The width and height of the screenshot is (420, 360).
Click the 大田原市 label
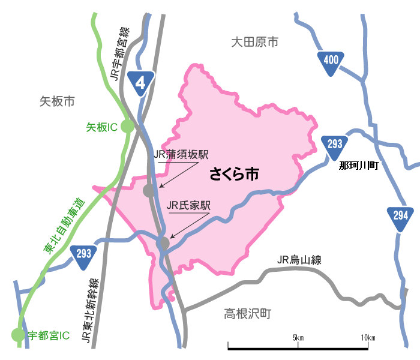(255, 43)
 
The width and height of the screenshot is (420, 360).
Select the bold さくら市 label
(234, 175)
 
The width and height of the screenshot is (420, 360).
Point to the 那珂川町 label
(359, 166)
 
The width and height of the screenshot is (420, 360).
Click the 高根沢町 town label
(248, 313)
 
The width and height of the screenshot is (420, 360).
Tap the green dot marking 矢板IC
(127, 126)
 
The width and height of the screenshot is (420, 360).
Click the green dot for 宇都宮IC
(18, 335)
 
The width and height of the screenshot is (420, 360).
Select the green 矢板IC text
(101, 127)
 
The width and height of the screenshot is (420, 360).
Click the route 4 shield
(141, 82)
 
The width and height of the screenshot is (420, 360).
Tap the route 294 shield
(401, 217)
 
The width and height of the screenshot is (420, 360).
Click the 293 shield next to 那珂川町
(335, 146)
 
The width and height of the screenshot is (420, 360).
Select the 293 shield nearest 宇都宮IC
(84, 255)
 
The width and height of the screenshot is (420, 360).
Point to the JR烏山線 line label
(299, 260)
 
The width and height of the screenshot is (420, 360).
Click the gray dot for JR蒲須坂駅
(148, 191)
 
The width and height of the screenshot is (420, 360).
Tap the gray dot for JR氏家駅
(163, 243)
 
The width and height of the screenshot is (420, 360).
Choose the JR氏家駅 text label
(189, 205)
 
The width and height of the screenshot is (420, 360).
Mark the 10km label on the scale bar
(368, 338)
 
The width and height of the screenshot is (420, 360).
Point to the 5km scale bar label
(298, 338)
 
